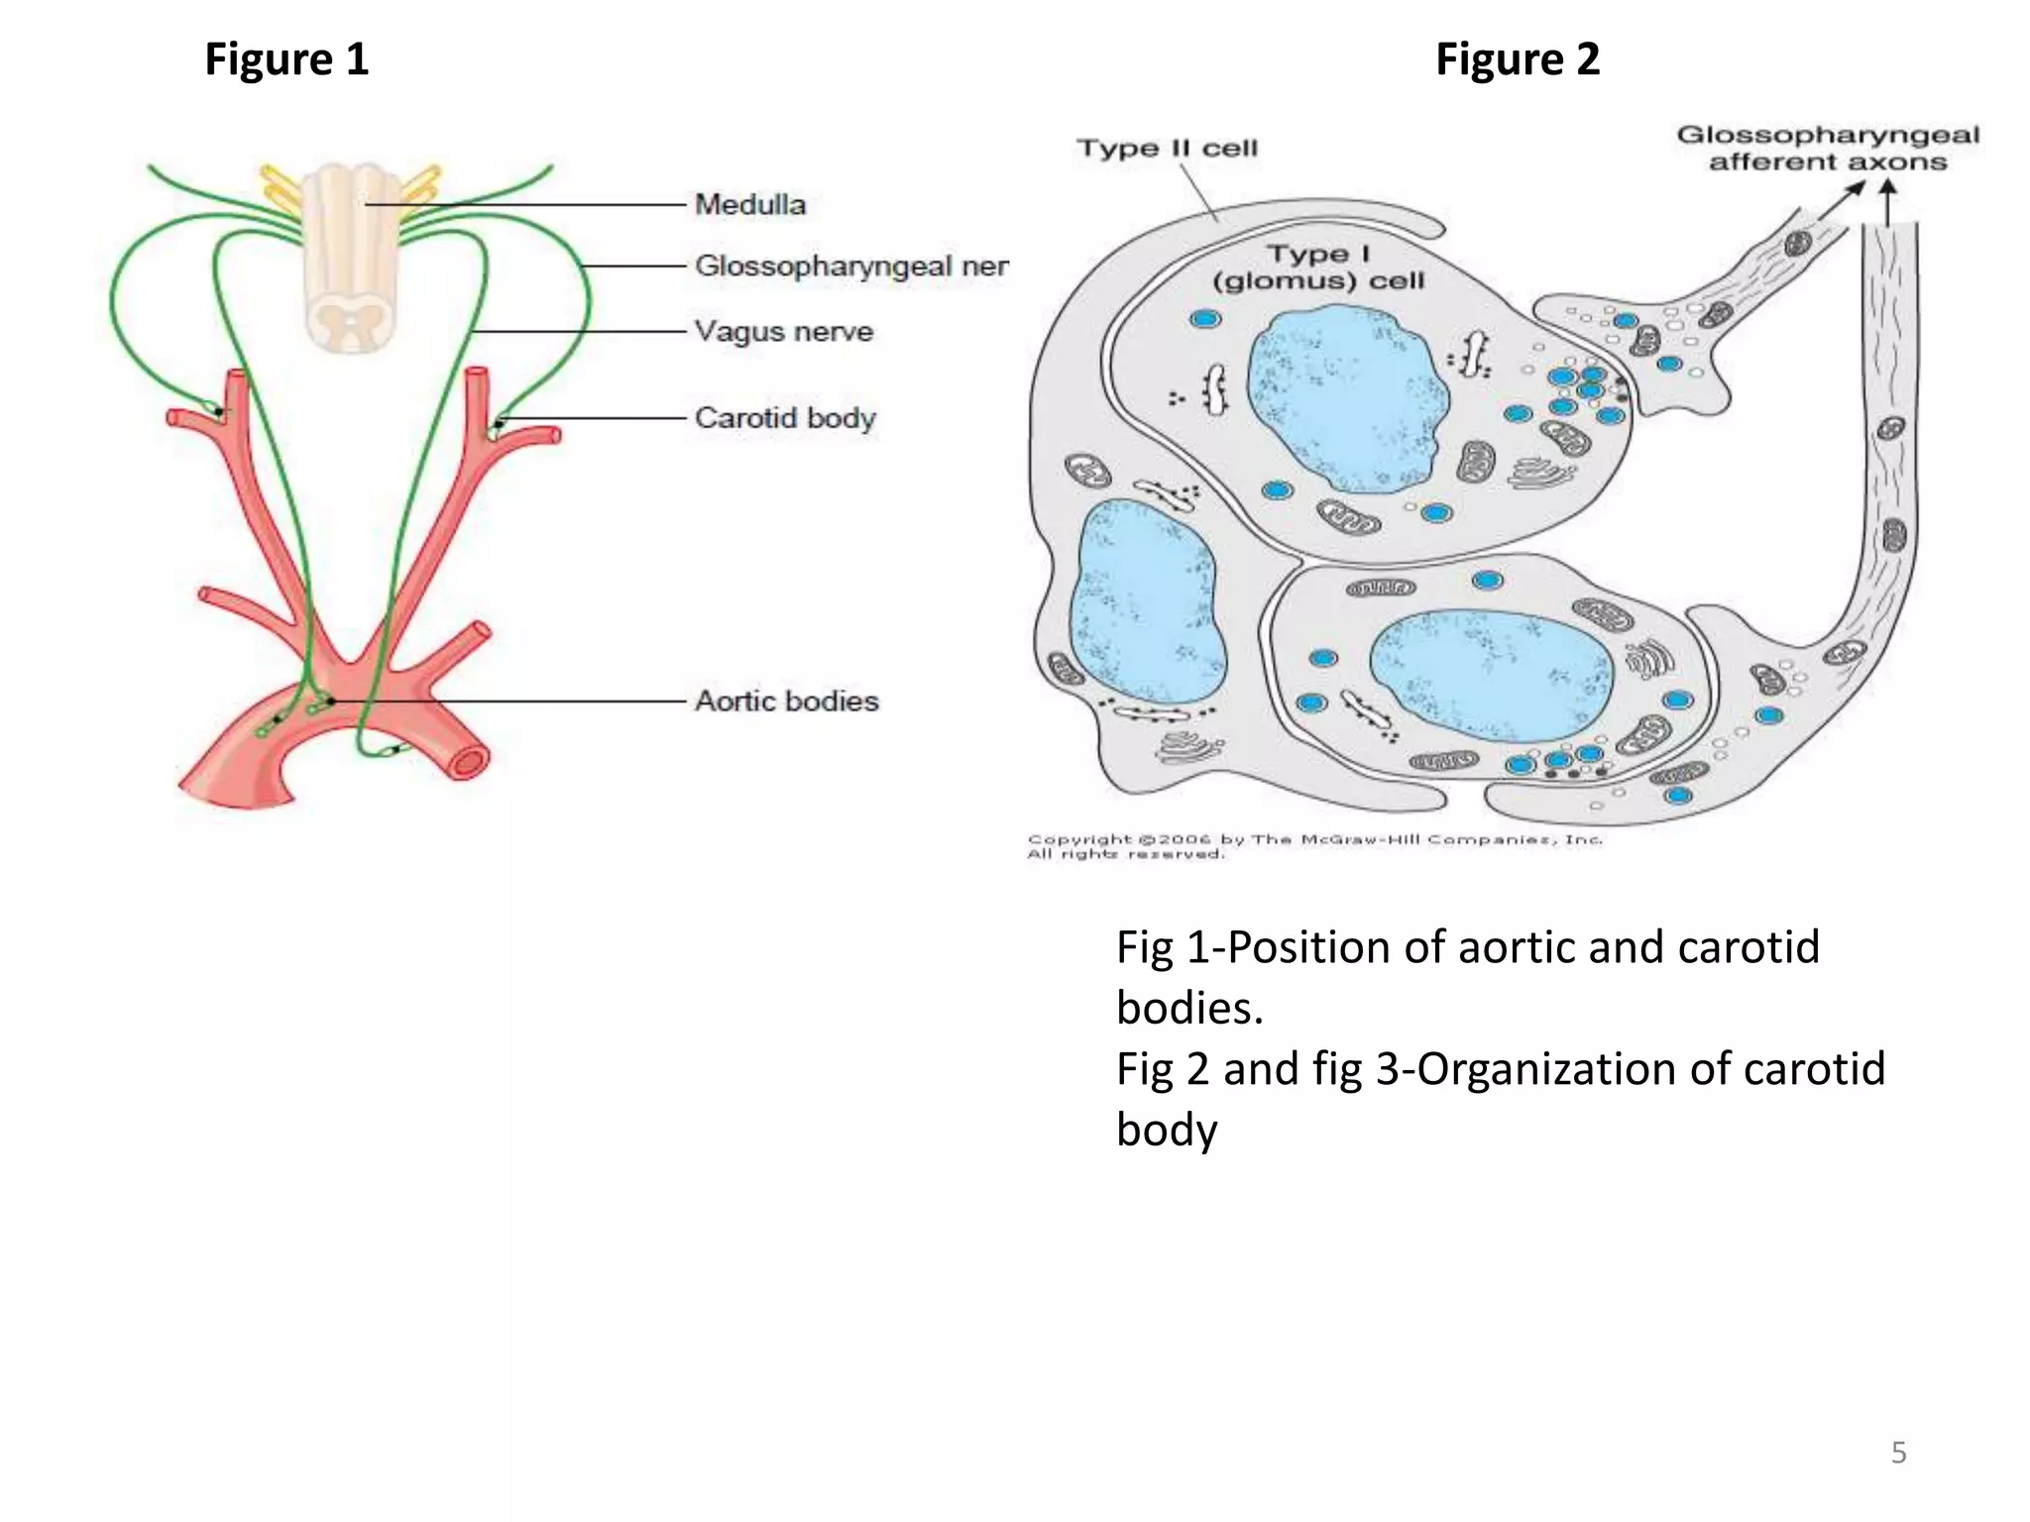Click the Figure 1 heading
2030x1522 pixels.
click(286, 59)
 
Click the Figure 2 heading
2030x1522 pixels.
click(1517, 59)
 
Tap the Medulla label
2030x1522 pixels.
click(750, 205)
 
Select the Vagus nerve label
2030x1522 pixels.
click(784, 331)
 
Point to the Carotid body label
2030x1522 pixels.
click(785, 417)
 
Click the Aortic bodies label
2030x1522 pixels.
click(786, 701)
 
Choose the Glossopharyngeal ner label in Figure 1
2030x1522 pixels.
click(850, 266)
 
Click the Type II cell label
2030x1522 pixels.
click(1167, 149)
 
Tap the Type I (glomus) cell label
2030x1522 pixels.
click(1318, 268)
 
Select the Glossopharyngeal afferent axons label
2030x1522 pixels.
click(1827, 149)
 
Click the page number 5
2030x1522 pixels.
click(1898, 1453)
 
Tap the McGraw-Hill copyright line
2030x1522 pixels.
click(1313, 839)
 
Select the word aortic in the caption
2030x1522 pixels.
click(1517, 947)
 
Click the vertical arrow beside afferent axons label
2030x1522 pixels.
click(1888, 202)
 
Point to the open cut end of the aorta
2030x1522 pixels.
click(468, 762)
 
